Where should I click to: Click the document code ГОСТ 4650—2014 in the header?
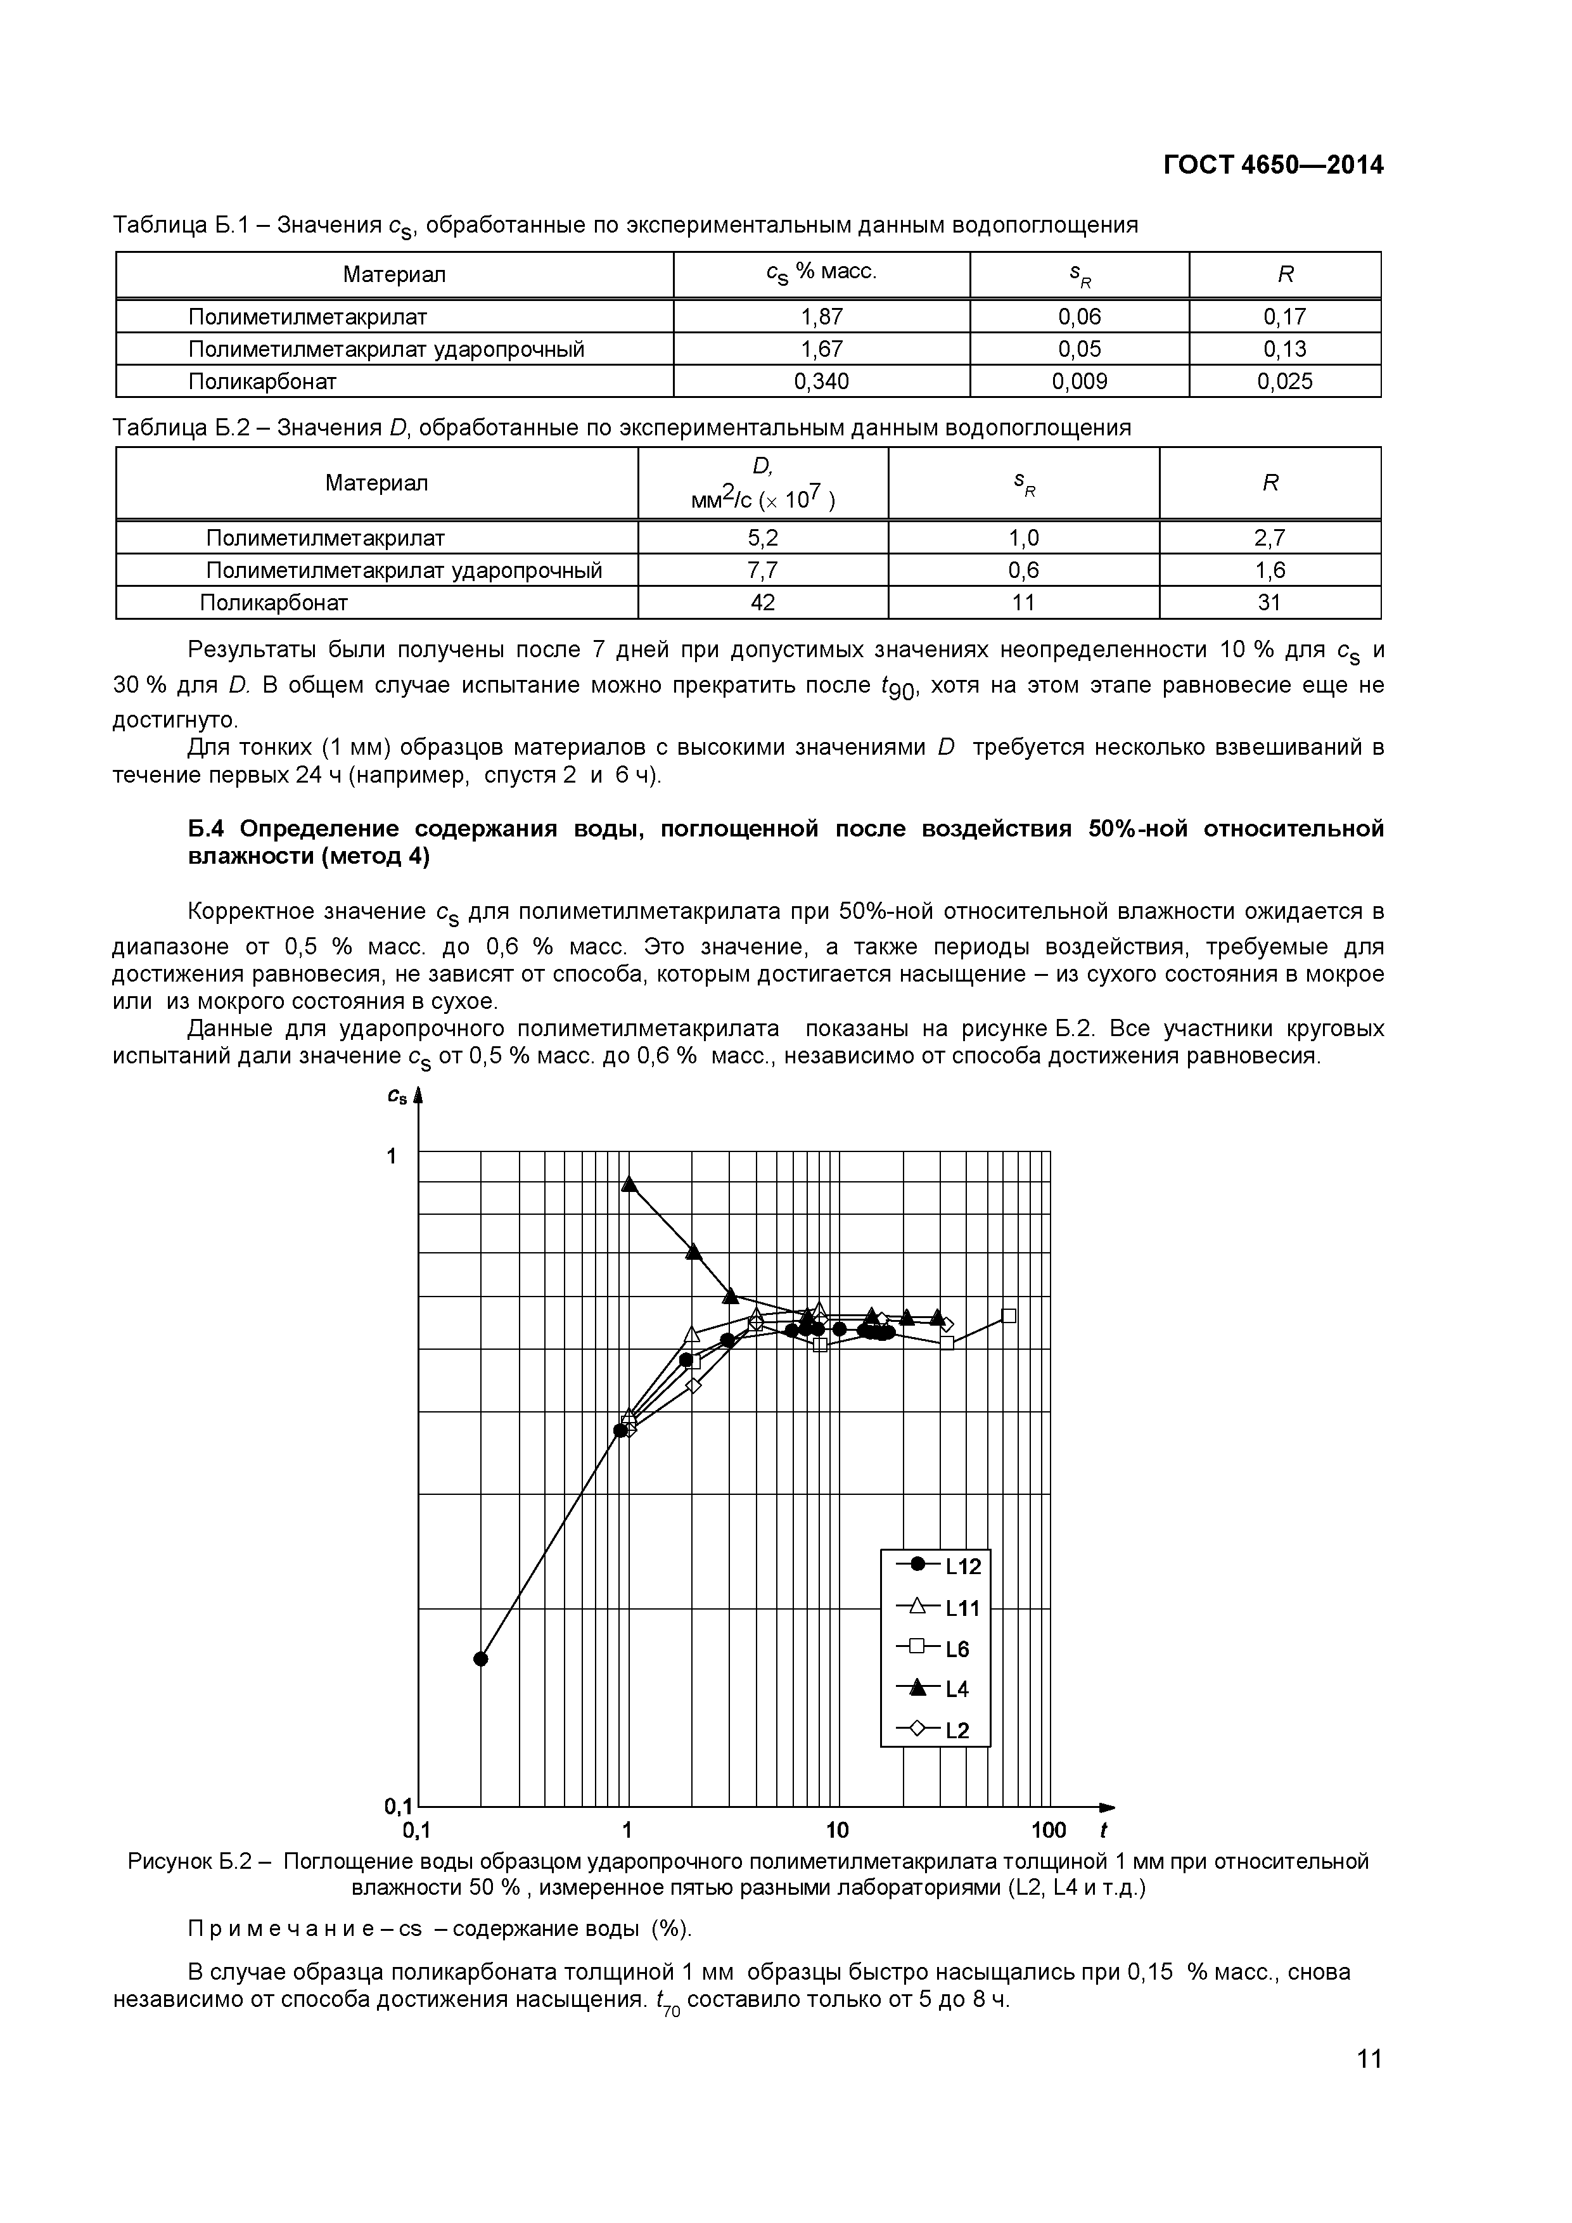point(1273,165)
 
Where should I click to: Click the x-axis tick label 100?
point(1049,1830)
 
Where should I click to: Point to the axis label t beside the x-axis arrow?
point(1104,1830)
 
